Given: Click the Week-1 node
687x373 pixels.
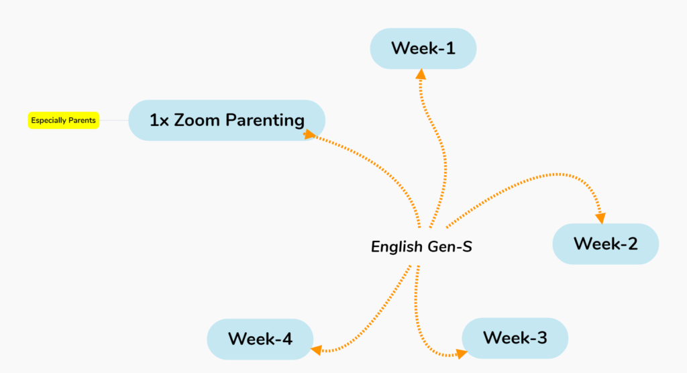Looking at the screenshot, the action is pos(423,49).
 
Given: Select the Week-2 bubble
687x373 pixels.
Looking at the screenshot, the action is pos(606,244).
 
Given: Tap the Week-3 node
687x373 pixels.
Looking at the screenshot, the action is pos(515,338).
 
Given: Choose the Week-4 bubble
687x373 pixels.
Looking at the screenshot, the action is pos(260,339).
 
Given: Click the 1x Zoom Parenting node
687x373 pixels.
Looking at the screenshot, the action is pos(227,120).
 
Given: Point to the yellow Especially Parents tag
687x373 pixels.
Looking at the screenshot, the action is pos(64,121).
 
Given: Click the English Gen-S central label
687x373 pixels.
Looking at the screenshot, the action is pos(421,246).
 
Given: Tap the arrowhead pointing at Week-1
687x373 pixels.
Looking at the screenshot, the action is pos(421,74).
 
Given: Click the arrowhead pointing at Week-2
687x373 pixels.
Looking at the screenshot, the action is pos(600,218).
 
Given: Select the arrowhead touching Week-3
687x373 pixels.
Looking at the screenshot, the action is pos(462,354).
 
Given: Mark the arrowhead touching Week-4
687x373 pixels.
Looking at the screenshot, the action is pos(317,350).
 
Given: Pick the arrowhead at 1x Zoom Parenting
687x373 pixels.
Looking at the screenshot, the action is pos(309,134).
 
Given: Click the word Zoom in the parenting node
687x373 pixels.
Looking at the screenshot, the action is pos(197,120).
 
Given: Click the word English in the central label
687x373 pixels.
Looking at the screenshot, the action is pos(397,247).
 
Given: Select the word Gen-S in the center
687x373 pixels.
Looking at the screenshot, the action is pos(450,246).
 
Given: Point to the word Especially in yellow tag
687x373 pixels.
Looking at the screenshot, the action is pos(48,121).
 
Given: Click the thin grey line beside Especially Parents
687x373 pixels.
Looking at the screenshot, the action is pos(114,120).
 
